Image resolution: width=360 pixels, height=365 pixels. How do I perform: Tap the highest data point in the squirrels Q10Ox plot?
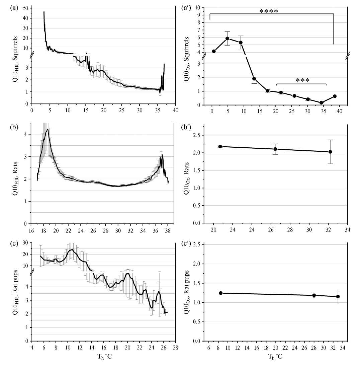(x=227, y=38)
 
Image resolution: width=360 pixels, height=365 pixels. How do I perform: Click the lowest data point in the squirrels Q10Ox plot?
(x=321, y=102)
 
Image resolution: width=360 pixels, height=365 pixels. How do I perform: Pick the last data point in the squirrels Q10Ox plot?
(x=335, y=96)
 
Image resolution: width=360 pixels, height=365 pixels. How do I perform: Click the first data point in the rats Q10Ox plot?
(x=220, y=146)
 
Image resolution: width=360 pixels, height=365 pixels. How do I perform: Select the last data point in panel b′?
(x=330, y=152)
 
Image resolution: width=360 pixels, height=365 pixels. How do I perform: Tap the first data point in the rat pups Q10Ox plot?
(x=220, y=293)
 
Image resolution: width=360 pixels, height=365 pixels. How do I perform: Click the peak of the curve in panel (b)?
(x=48, y=129)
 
